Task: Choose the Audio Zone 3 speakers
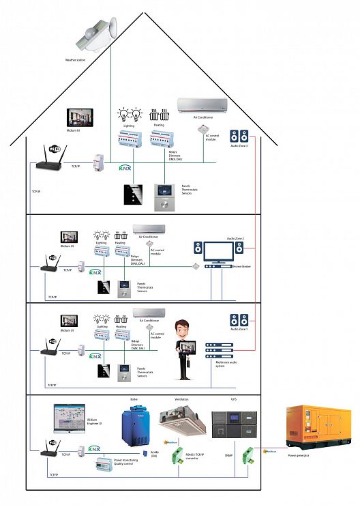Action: [239, 136]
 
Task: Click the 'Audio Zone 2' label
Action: [235, 238]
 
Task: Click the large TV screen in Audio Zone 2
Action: [217, 252]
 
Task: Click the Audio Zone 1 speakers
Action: [239, 320]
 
